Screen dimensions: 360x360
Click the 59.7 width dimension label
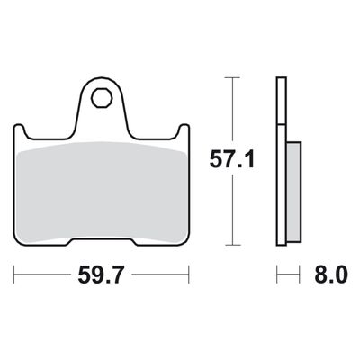click(x=101, y=274)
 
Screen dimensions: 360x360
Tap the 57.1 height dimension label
click(x=232, y=159)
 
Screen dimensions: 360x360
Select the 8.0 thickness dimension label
click(x=331, y=274)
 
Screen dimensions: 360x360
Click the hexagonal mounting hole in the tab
click(x=103, y=98)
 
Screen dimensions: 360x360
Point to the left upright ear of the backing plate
click(x=19, y=130)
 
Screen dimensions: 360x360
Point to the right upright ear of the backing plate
click(x=184, y=130)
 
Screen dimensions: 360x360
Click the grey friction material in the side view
click(x=293, y=192)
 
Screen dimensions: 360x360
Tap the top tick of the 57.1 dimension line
click(x=232, y=77)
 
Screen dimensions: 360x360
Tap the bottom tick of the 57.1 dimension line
click(x=232, y=245)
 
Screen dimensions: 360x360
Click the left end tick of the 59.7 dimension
click(x=14, y=274)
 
